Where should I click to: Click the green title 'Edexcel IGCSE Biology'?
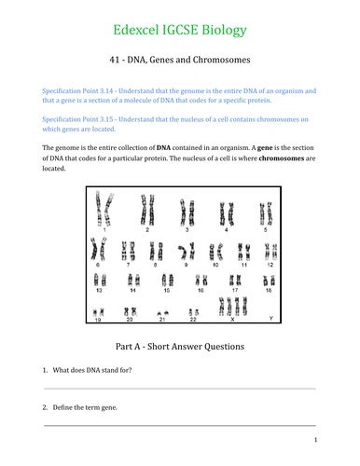tap(179, 30)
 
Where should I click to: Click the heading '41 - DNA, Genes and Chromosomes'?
tap(179, 62)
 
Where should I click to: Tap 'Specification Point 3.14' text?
tap(81, 90)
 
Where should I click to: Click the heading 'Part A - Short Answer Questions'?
tap(179, 347)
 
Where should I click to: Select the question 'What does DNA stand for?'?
tap(98, 372)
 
